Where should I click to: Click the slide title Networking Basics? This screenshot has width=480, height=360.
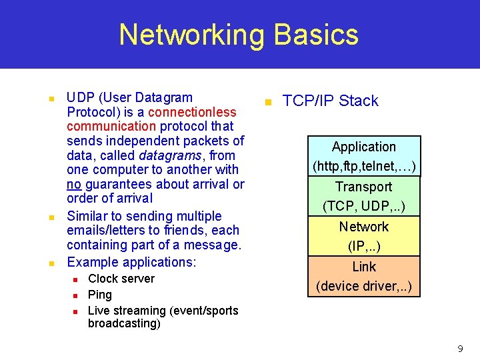coord(239,35)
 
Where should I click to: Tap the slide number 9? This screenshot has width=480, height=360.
coord(460,349)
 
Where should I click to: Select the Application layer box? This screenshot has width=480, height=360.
coord(364,156)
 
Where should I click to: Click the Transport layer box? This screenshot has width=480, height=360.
coord(364,196)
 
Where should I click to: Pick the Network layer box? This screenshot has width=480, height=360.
coord(364,236)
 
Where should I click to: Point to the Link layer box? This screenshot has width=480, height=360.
coord(364,276)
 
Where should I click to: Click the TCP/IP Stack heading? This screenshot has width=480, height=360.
coord(330,101)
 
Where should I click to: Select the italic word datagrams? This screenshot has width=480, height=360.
coord(167,155)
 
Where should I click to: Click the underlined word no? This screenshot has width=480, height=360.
coord(75,184)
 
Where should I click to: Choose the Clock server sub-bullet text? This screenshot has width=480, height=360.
coord(121,279)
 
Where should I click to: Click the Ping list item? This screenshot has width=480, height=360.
coord(100,295)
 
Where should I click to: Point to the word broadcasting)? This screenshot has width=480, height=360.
coord(124,324)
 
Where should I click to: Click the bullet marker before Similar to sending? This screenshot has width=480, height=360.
coord(51,217)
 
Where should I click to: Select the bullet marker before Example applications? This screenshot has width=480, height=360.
coord(51,263)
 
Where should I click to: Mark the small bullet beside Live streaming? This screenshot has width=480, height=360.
coord(75,311)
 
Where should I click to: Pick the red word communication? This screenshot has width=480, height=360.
coord(111,127)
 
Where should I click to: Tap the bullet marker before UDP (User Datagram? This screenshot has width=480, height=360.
coord(51,99)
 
